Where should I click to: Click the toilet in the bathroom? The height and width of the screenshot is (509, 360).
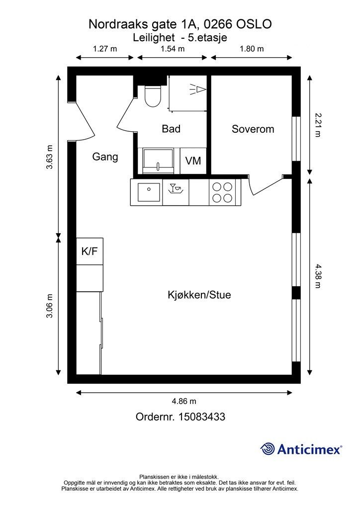coord(153,96)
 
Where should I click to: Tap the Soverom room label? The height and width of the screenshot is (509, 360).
coord(253,129)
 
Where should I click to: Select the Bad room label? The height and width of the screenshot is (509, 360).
coord(171,129)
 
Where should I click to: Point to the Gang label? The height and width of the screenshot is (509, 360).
coord(105,157)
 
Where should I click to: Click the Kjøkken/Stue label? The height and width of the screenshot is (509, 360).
coord(199,295)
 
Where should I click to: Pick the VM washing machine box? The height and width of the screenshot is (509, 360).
coord(193,161)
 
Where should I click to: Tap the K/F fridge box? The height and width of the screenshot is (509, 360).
coord(90,251)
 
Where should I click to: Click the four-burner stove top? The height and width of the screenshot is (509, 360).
coord(222,192)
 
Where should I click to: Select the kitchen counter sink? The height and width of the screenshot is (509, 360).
coord(149,192)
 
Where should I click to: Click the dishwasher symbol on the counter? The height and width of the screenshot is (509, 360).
coord(176,188)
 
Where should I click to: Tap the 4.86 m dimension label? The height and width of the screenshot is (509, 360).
coord(184,401)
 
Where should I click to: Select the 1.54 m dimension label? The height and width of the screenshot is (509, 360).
coord(173,49)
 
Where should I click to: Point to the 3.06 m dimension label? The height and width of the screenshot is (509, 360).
coord(49,306)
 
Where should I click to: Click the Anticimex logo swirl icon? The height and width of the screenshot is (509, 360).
coord(268,449)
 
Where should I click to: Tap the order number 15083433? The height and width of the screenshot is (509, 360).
coord(201,417)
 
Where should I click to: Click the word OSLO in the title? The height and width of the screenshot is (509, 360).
coord(254,24)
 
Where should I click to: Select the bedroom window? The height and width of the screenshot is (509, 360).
coord(296,139)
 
